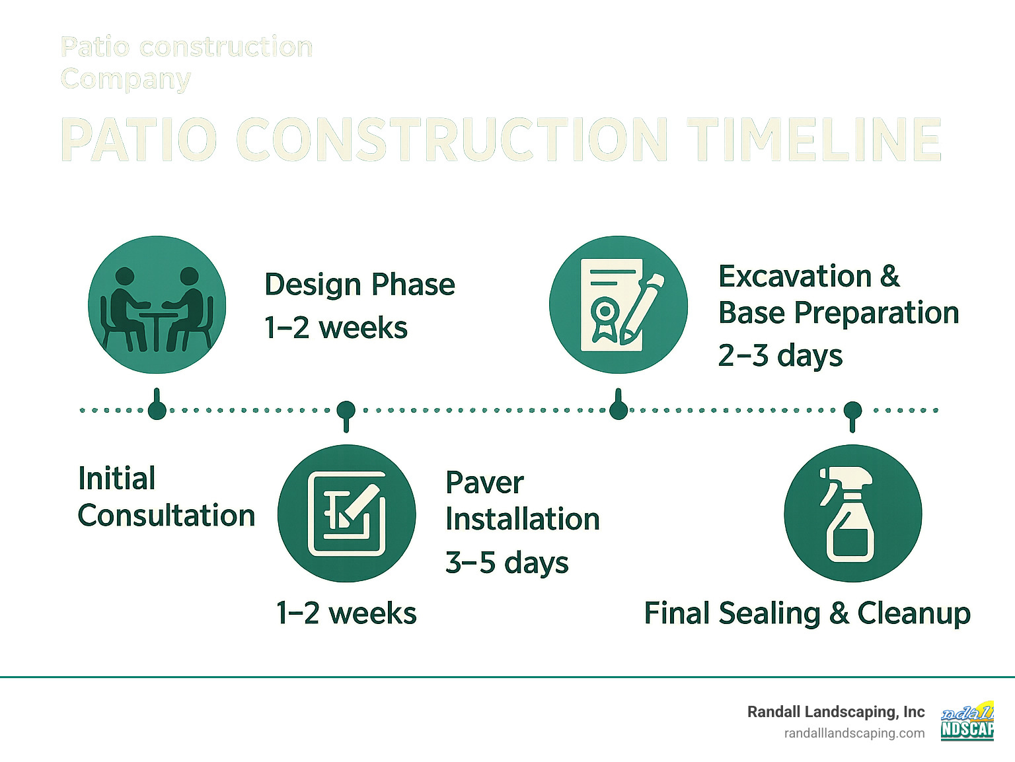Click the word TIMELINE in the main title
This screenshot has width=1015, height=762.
(813, 139)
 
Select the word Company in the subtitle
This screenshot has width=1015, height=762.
(126, 79)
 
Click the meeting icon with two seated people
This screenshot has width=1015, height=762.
(157, 305)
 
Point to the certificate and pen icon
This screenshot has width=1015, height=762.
(619, 305)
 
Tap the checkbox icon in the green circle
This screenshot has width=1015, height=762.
(346, 514)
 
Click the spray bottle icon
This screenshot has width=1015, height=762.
(852, 514)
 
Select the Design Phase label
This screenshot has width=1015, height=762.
(359, 285)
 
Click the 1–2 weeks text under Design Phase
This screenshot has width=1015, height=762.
(336, 328)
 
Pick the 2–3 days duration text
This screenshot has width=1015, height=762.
(780, 356)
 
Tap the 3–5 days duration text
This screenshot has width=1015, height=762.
(507, 563)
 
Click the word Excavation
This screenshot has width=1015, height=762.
(795, 277)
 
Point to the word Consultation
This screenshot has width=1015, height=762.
(167, 516)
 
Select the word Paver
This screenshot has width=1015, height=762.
(484, 483)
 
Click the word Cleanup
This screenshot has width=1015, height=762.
(913, 613)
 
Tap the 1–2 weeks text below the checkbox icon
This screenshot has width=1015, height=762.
(346, 613)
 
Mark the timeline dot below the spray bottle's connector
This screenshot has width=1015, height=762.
(852, 410)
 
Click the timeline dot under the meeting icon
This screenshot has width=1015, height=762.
(157, 410)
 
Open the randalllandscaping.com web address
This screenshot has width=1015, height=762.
(854, 734)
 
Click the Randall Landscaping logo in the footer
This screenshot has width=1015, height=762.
(967, 722)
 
